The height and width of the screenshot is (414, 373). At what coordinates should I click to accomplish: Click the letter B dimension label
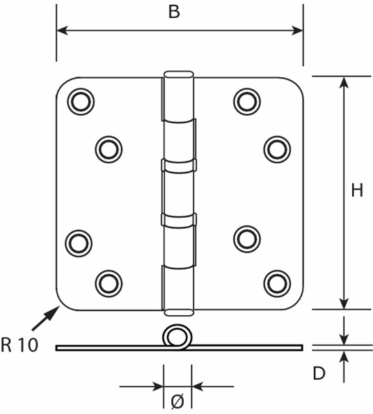[x=175, y=12]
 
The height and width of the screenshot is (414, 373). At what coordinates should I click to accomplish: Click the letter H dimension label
[x=356, y=191]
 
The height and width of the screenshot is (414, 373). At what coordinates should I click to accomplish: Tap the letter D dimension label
[x=319, y=374]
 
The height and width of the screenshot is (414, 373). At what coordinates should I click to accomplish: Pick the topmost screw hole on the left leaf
[x=80, y=102]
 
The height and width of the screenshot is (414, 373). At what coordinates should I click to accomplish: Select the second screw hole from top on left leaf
[x=107, y=148]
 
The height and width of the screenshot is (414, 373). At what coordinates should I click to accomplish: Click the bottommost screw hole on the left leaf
[x=107, y=282]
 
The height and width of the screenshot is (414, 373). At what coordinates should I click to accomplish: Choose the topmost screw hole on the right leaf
[x=246, y=102]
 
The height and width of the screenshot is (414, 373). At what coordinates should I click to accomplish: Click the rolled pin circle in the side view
[x=177, y=337]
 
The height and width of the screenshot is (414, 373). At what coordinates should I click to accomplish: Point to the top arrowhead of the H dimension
[x=343, y=81]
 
